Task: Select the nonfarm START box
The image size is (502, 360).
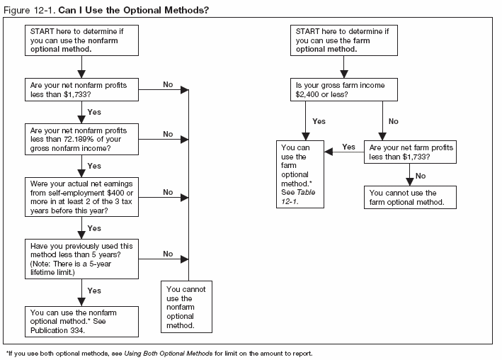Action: pos(83,40)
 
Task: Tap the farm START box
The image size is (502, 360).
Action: pos(343,40)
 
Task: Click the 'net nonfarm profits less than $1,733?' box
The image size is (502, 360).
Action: pos(83,89)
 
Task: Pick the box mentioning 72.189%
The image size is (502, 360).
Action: pos(83,139)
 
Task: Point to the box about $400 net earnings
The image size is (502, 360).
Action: pos(83,196)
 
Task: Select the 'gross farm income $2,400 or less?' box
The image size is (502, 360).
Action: pos(343,89)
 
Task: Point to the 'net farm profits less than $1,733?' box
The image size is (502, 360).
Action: pos(409,152)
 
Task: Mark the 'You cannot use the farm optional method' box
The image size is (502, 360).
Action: pos(409,198)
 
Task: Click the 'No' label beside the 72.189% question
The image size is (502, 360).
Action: pos(168,133)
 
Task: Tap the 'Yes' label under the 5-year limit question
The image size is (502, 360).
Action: pos(93,291)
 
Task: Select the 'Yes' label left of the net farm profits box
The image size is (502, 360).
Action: pos(348,147)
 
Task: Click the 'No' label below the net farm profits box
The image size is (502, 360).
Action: pos(421,175)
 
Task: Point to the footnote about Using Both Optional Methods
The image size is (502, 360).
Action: pos(159,352)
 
